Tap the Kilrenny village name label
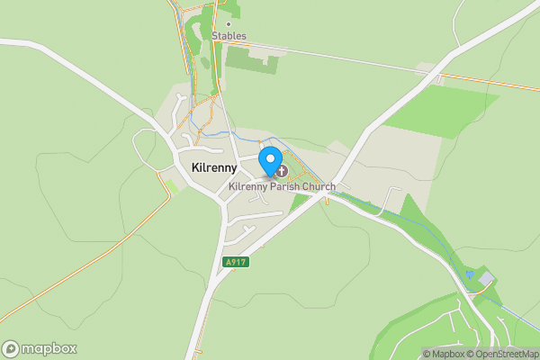[214, 168]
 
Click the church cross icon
[281, 170]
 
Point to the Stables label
[229, 36]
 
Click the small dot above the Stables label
[229, 24]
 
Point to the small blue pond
[469, 273]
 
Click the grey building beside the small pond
[485, 280]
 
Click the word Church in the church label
[319, 186]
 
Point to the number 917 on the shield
[238, 262]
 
